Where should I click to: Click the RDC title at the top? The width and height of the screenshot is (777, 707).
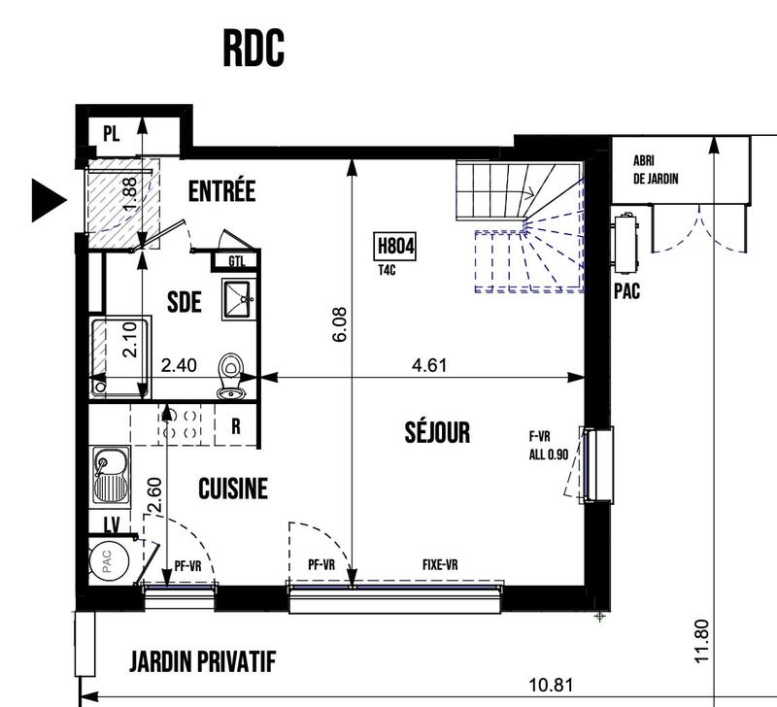click(253, 48)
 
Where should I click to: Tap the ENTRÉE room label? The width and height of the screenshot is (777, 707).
click(221, 191)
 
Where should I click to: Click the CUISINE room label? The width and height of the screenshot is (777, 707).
click(232, 488)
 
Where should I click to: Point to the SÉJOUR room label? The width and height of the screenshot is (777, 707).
click(437, 432)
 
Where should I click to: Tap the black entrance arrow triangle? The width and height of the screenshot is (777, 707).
click(49, 200)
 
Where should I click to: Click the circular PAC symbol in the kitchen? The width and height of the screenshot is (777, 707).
click(106, 564)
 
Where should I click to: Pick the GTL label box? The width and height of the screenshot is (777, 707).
click(237, 260)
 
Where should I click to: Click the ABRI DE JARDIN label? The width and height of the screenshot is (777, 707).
click(655, 170)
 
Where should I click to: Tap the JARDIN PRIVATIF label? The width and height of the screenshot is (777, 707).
click(203, 663)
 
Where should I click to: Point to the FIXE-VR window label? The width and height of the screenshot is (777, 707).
click(440, 564)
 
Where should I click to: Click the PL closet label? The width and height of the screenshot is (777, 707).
click(111, 135)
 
